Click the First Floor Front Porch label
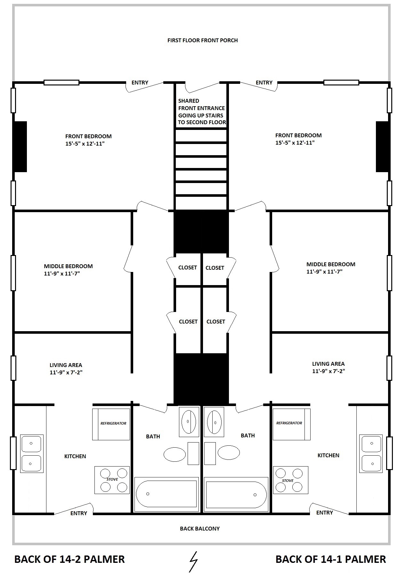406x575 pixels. (203, 40)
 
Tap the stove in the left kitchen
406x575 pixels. (112, 480)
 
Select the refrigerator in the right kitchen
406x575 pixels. (291, 424)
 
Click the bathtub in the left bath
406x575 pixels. (166, 494)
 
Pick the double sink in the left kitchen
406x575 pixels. (32, 453)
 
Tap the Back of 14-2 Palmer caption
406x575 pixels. (69, 559)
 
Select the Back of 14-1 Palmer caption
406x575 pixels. (331, 559)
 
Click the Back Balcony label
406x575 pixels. (200, 529)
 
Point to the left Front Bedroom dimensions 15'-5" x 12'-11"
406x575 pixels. (85, 144)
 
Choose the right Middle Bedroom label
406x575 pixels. (331, 264)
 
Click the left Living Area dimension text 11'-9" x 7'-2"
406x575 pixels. (66, 372)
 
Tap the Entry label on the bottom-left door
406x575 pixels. (79, 513)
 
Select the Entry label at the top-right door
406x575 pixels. (264, 83)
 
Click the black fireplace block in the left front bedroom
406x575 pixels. (20, 147)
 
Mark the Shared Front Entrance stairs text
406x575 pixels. (202, 111)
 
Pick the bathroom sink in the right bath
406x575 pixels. (214, 422)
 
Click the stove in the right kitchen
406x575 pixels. (290, 480)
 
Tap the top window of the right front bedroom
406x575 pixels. (341, 83)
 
